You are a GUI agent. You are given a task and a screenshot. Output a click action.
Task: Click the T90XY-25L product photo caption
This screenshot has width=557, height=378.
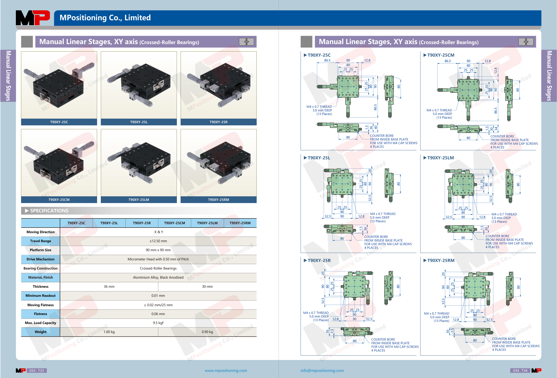139,122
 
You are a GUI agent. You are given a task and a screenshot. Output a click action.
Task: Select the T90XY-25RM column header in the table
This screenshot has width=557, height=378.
240,223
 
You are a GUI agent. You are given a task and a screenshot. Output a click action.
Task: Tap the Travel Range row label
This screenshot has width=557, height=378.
41,241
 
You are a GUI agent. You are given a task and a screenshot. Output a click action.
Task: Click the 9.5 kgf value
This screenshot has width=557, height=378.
158,323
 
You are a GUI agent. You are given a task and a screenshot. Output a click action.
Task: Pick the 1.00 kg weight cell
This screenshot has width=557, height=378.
109,332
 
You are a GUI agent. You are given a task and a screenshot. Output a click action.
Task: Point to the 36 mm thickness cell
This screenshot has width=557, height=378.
109,287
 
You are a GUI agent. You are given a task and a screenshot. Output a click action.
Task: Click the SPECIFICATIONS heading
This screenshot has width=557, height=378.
49,211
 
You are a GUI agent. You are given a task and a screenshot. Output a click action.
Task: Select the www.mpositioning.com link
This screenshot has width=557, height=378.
226,370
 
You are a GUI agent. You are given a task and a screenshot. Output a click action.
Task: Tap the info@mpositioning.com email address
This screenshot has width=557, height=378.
322,370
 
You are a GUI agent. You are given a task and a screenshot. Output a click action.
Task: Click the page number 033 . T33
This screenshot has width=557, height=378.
37,370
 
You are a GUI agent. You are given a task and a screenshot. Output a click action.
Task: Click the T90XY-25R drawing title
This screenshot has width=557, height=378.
319,260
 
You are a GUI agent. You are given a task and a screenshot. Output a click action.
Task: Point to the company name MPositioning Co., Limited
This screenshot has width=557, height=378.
105,18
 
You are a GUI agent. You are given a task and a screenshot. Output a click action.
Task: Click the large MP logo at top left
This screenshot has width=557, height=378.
33,18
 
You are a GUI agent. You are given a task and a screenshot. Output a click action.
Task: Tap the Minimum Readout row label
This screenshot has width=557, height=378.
41,296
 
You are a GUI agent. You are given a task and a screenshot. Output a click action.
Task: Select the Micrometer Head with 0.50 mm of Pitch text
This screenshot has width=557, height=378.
158,259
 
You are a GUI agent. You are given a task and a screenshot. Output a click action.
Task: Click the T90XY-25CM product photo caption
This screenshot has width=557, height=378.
59,200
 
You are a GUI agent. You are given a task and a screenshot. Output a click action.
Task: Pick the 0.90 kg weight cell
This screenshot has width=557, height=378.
207,332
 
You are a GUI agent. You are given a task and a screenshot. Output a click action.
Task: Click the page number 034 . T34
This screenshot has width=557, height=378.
520,370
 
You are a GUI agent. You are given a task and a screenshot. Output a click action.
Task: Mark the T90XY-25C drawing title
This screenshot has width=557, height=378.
319,55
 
